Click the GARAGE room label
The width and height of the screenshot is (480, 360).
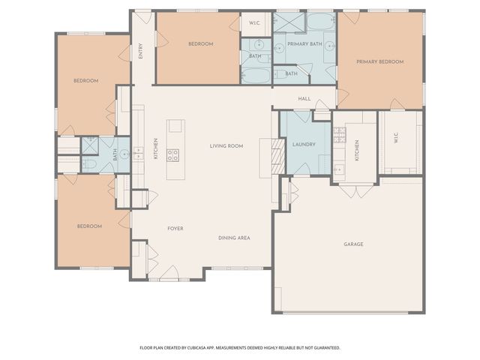[x=353, y=244]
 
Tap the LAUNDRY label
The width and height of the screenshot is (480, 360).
[x=304, y=145]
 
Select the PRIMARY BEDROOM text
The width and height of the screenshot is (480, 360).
[x=379, y=61]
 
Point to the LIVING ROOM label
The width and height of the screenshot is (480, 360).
[x=226, y=145]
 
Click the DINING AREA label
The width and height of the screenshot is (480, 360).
[x=234, y=238]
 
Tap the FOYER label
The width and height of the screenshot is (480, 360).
[x=175, y=228]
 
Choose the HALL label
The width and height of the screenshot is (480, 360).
[x=304, y=98]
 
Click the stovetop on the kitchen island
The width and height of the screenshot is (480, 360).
[x=173, y=155]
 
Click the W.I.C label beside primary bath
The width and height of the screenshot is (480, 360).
[x=255, y=22]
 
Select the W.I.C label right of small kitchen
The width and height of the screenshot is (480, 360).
[x=395, y=139]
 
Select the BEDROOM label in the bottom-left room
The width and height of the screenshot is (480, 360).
[x=89, y=226]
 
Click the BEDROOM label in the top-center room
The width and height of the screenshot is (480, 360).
[x=199, y=44]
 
